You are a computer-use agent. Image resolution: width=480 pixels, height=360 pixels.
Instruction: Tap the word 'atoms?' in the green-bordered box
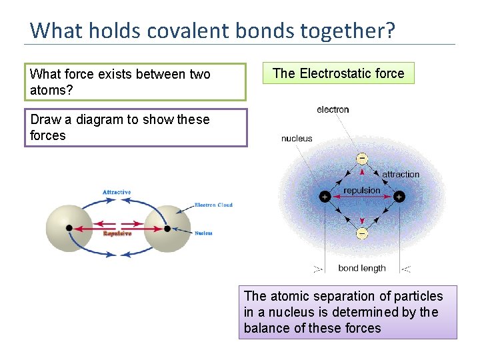pyautogui.click(x=49, y=90)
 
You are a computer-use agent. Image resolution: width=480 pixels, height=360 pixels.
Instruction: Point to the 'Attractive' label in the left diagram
pyautogui.click(x=117, y=192)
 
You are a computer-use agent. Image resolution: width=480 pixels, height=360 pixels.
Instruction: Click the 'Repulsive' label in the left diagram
pyautogui.click(x=117, y=233)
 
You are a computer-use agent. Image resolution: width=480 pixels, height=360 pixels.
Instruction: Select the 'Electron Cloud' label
pyautogui.click(x=213, y=205)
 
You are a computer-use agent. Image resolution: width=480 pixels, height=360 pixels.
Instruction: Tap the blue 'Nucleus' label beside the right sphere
pyautogui.click(x=203, y=233)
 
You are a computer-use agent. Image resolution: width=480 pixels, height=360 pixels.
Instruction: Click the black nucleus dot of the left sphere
pyautogui.click(x=69, y=228)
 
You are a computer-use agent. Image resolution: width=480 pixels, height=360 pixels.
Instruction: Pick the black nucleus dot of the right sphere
pyautogui.click(x=167, y=228)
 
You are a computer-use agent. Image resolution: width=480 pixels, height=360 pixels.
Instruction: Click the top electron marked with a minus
pyautogui.click(x=361, y=159)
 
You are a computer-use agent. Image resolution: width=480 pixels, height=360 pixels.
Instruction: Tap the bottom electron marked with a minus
pyautogui.click(x=361, y=233)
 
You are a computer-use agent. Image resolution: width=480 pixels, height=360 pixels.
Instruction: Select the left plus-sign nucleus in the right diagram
pyautogui.click(x=325, y=197)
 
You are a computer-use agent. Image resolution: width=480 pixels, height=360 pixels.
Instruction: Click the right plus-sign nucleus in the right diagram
pyautogui.click(x=399, y=197)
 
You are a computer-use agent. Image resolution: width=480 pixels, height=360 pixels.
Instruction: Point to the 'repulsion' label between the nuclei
pyautogui.click(x=361, y=190)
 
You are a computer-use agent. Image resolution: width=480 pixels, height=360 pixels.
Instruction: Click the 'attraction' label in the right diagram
pyautogui.click(x=401, y=174)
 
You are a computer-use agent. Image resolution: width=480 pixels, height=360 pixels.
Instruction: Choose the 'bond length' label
pyautogui.click(x=361, y=268)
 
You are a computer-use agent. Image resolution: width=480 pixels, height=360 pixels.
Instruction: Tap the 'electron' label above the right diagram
pyautogui.click(x=333, y=109)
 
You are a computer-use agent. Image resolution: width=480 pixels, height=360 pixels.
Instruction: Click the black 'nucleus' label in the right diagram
pyautogui.click(x=297, y=139)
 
